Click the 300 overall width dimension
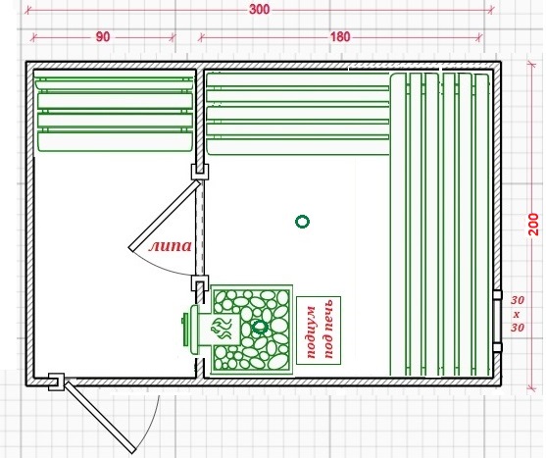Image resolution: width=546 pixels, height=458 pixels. [x=259, y=10]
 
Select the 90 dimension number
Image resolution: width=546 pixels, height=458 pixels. [x=103, y=37]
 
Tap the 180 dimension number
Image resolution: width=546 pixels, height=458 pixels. [x=340, y=36]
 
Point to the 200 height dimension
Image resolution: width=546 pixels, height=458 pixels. [x=533, y=225]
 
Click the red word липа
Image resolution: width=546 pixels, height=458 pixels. [x=171, y=246]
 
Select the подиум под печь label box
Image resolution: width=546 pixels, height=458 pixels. [x=319, y=331]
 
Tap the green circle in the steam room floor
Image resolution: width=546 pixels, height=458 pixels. [x=302, y=222]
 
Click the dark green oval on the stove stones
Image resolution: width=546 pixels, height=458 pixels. [x=260, y=327]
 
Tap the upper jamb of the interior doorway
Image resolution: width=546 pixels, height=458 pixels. [x=200, y=172]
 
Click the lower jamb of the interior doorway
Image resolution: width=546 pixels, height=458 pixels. [x=200, y=283]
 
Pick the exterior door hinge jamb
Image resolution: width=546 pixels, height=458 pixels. [x=56, y=382]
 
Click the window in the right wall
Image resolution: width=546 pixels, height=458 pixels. [x=497, y=321]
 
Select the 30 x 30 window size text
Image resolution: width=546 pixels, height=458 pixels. [x=518, y=314]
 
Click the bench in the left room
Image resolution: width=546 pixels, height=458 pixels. [x=115, y=114]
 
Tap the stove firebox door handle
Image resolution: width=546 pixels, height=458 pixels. [x=185, y=327]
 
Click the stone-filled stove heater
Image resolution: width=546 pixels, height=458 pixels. [x=251, y=330]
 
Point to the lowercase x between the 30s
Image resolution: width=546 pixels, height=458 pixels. [x=517, y=314]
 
